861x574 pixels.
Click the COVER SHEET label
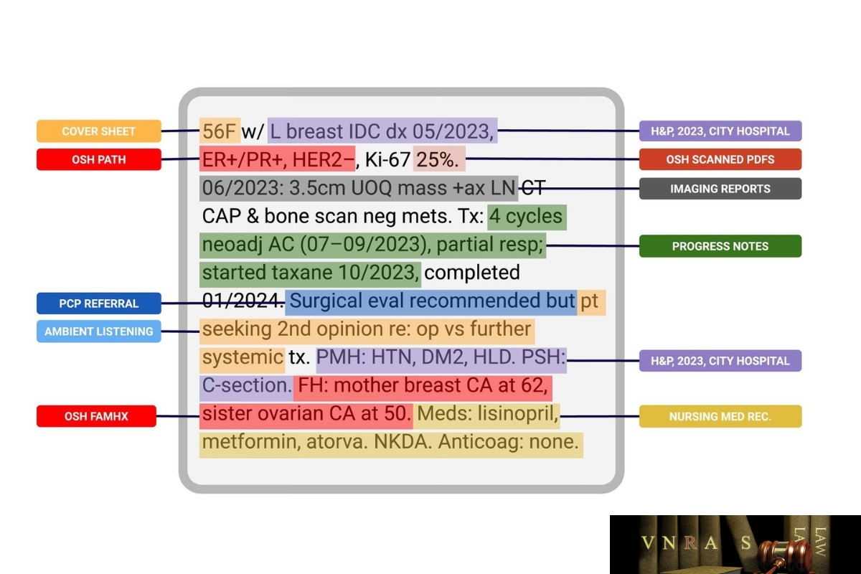coord(99,131)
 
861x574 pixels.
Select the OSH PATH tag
coord(99,159)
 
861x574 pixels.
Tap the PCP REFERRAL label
coord(99,304)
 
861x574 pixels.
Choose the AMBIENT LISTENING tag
coord(99,331)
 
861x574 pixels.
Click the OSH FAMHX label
coord(96,416)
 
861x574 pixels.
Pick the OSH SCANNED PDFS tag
coord(720,159)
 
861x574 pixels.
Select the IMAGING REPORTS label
coord(720,189)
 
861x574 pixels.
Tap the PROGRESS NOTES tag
coord(720,246)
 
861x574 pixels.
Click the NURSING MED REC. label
coord(720,416)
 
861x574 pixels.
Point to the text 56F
coord(220,131)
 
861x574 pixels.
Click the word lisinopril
coord(514,414)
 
